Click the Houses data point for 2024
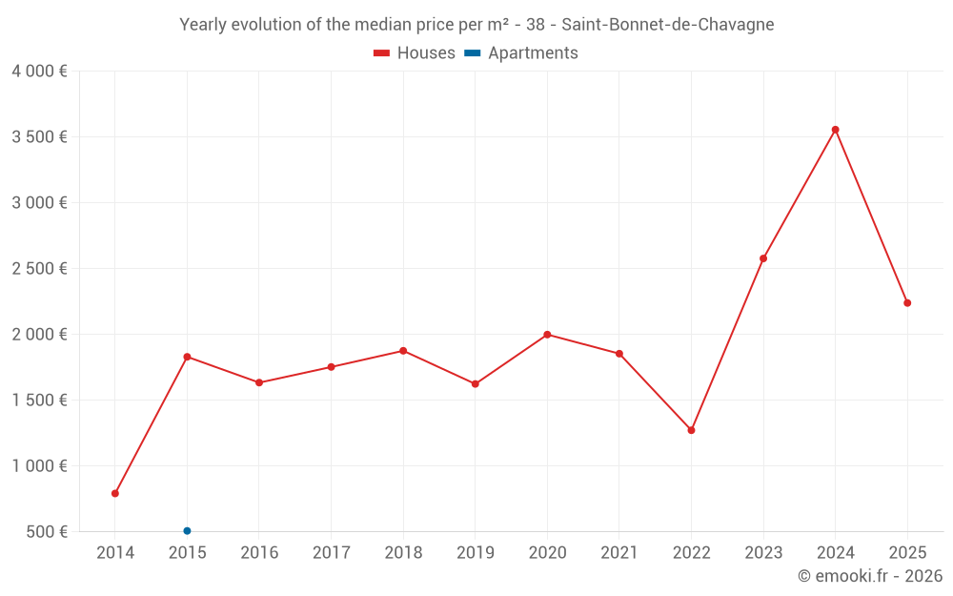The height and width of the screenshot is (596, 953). pos(835,130)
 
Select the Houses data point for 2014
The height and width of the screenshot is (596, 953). pos(115,494)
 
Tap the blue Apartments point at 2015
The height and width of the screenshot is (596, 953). pos(187,531)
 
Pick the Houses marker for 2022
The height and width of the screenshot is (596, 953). pos(691,430)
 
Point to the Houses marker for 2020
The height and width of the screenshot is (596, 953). pos(547,335)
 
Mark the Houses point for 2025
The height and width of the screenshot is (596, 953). pos(907,303)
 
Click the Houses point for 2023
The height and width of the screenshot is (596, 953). pos(763,258)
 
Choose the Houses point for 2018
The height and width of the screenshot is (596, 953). pos(403,351)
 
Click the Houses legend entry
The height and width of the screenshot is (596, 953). pos(415,53)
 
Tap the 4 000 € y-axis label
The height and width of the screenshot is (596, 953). pos(39,72)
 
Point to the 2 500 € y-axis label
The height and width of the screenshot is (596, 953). pos(39,269)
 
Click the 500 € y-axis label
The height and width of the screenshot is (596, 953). pos(45,532)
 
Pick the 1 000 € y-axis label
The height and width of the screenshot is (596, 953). pos(39,466)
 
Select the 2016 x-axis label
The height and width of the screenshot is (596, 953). pos(259,553)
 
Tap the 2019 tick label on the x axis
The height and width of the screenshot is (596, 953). pos(476,553)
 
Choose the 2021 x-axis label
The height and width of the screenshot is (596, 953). pos(619,553)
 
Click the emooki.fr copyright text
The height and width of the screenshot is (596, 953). pos(870,576)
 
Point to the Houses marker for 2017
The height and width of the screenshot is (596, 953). pos(331,367)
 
